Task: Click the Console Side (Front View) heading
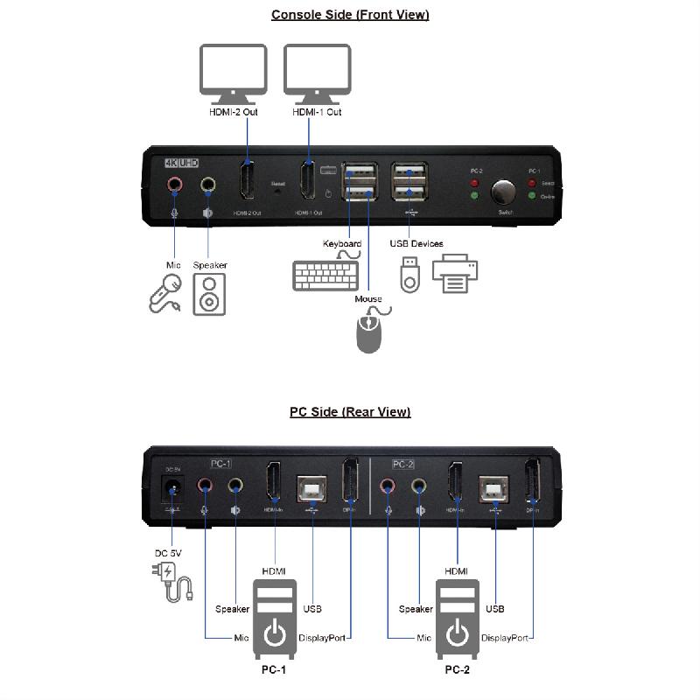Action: [x=350, y=14]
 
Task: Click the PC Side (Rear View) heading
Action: [x=350, y=411]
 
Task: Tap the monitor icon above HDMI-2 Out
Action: [x=233, y=73]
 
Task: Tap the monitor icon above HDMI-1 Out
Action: [x=317, y=73]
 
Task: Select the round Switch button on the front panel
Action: [x=504, y=192]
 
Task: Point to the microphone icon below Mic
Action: [x=165, y=292]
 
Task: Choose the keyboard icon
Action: [x=325, y=276]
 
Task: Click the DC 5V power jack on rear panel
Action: [x=171, y=489]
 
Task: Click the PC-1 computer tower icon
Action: [x=275, y=619]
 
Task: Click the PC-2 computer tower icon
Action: [x=458, y=619]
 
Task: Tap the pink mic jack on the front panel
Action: [x=174, y=185]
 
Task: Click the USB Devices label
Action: [x=416, y=243]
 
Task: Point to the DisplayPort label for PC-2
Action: [x=505, y=638]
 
